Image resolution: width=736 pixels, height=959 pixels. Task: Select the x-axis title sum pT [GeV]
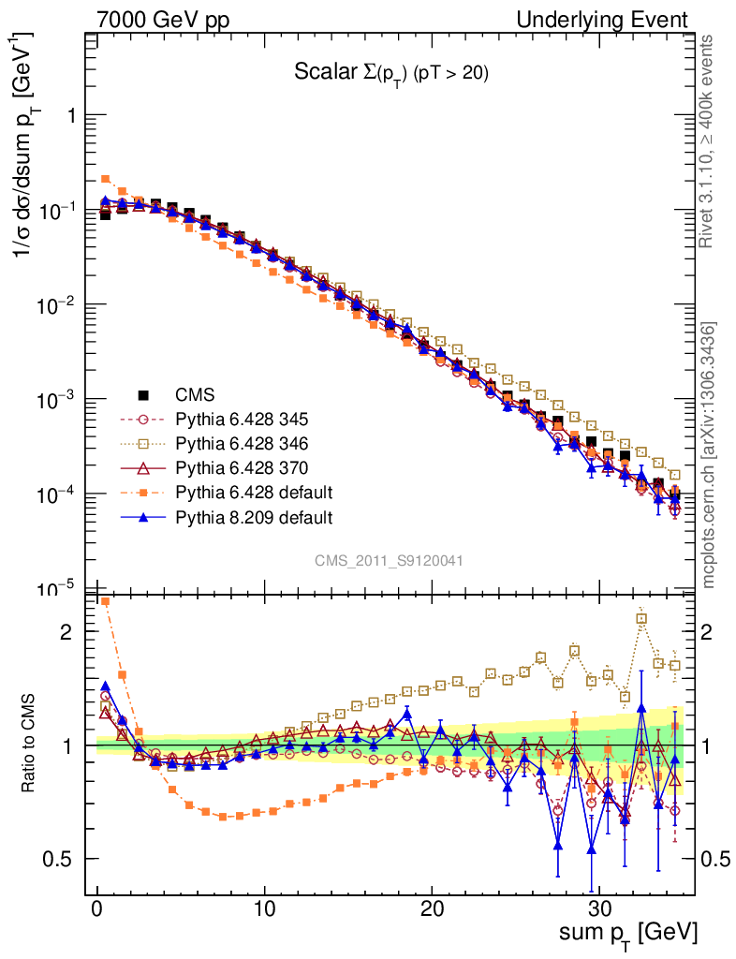(x=628, y=935)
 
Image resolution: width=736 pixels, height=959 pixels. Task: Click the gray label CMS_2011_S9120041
(x=389, y=560)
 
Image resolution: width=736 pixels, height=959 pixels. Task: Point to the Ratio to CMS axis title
(x=30, y=745)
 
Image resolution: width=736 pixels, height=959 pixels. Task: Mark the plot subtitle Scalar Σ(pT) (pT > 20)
(x=390, y=74)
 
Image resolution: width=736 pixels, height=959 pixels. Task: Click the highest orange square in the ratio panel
(x=106, y=601)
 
